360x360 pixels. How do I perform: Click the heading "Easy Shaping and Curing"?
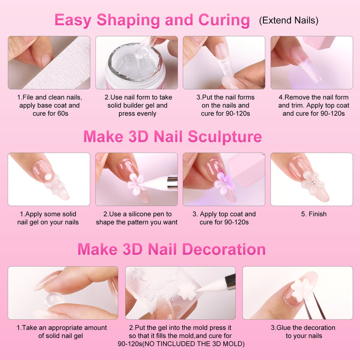point(152,20)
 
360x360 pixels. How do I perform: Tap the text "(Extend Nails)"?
point(288,20)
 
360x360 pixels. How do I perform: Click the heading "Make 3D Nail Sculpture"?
point(172,137)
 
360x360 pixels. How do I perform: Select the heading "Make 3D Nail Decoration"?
point(172,249)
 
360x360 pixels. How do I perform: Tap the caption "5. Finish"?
point(313,214)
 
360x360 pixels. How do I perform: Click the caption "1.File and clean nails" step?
point(50,105)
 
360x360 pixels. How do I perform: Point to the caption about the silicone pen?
point(136,218)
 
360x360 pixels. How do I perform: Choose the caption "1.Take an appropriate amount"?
point(61,332)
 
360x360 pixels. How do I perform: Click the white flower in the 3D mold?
point(185,291)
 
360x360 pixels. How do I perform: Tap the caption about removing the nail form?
point(313,105)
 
